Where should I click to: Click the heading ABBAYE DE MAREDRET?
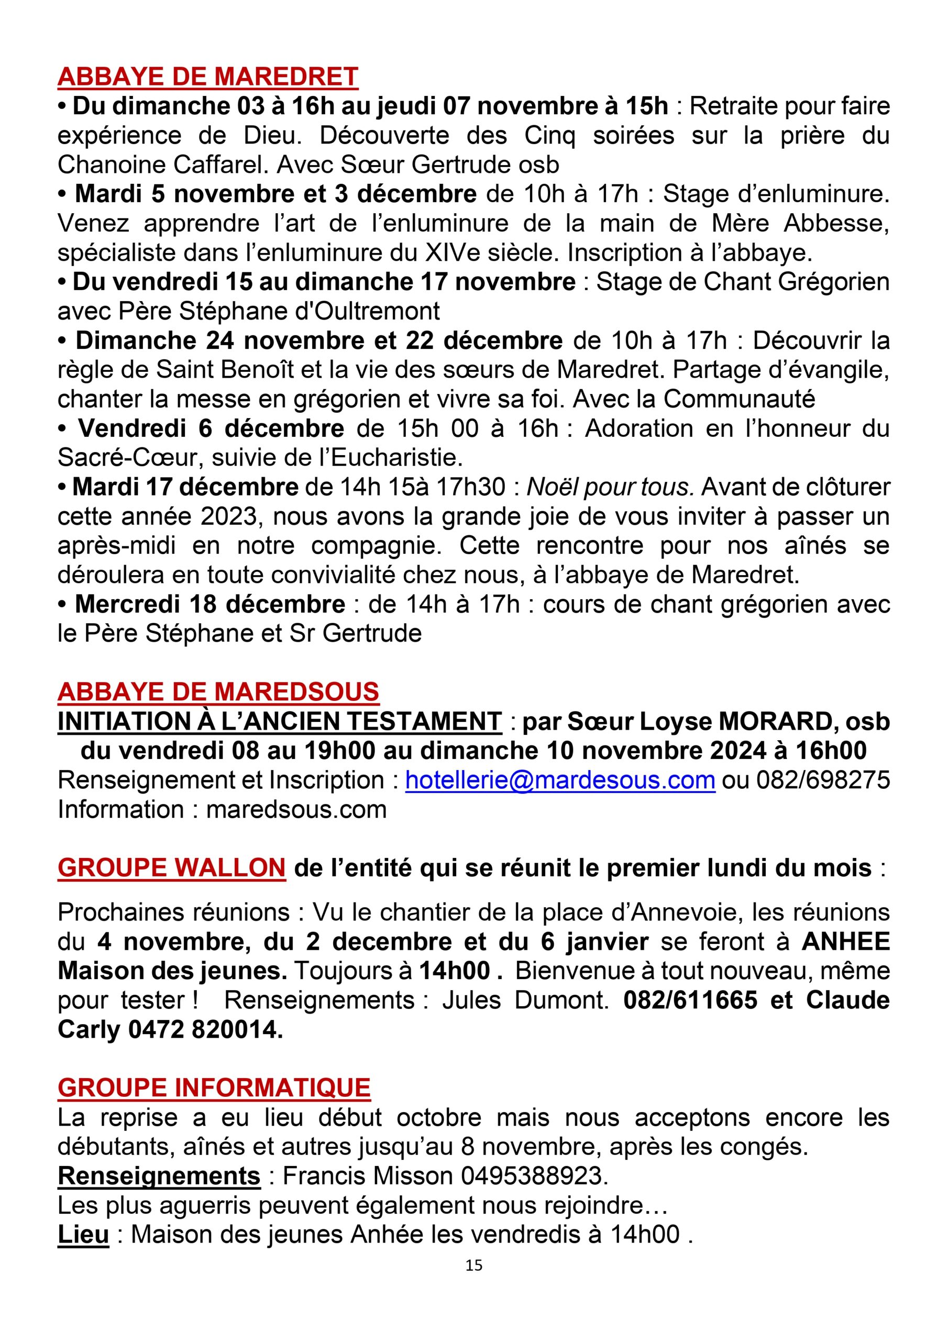click(207, 77)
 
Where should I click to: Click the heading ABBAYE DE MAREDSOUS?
click(218, 692)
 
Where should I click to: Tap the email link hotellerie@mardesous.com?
click(560, 781)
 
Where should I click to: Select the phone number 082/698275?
click(823, 781)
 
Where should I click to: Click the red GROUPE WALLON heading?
click(172, 868)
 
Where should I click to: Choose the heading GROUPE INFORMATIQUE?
click(214, 1088)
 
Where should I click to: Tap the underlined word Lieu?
click(83, 1235)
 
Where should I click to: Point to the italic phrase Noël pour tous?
click(610, 487)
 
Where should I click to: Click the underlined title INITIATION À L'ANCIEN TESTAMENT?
click(279, 722)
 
